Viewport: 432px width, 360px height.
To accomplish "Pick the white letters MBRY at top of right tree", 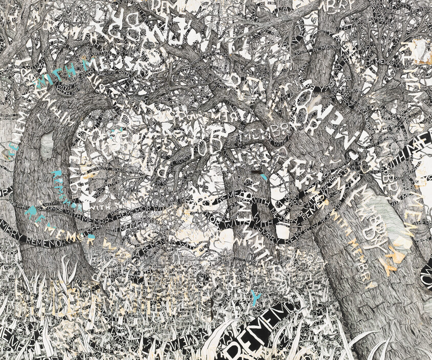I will point(346,10).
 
